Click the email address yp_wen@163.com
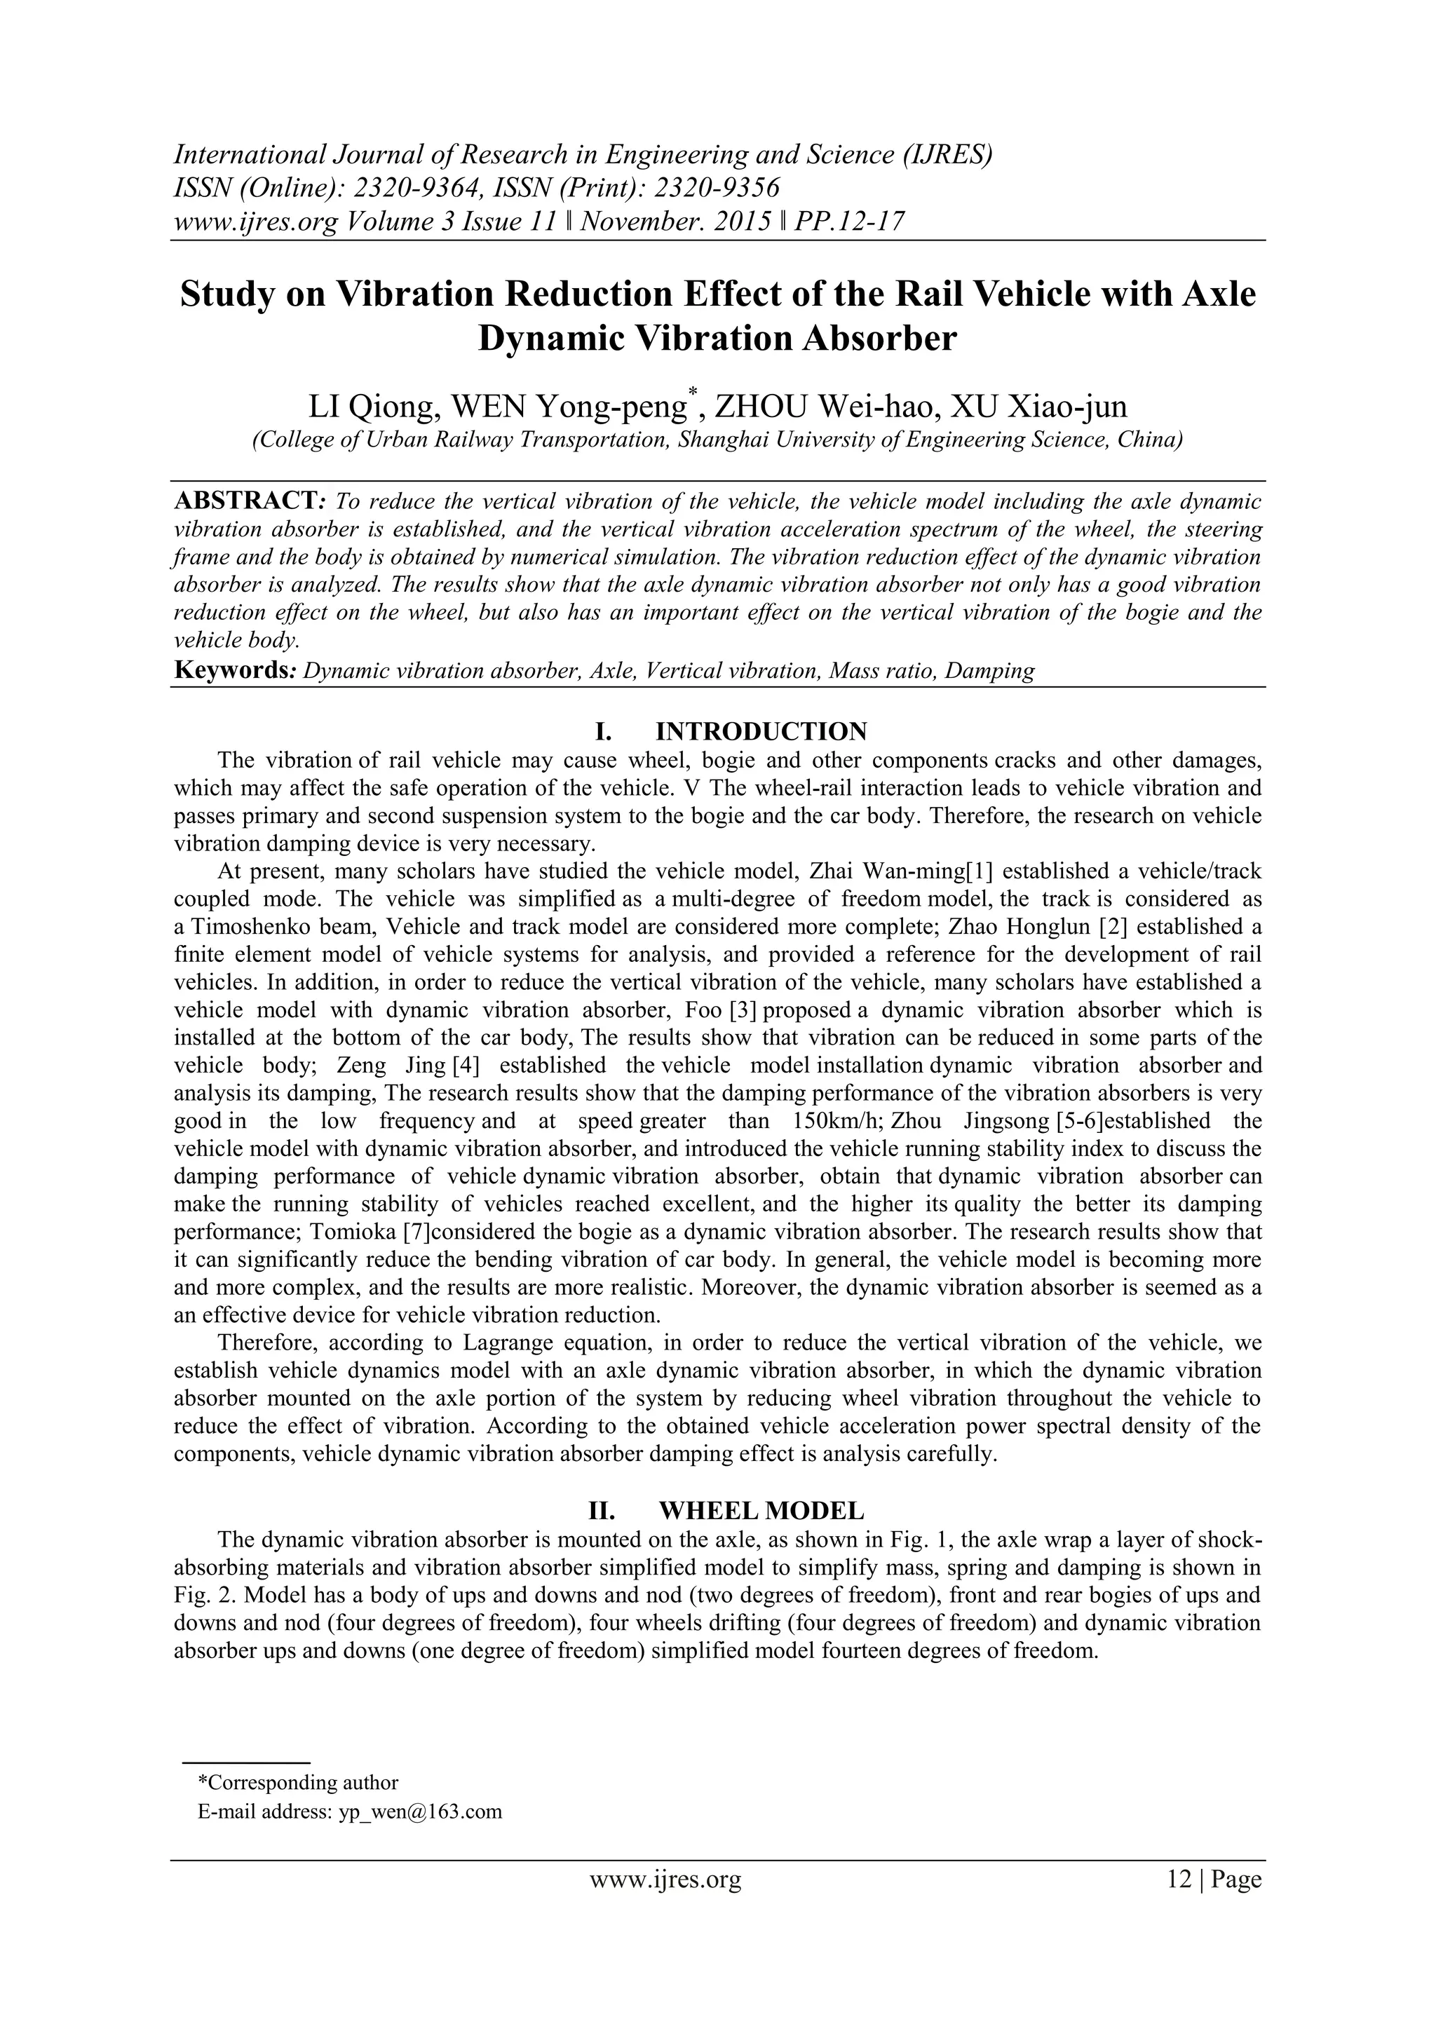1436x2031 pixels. tap(420, 1811)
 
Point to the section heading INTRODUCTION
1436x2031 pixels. tap(761, 731)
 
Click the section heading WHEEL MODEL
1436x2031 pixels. tap(761, 1509)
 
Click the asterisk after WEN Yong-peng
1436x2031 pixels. tap(693, 393)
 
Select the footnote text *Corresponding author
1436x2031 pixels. tap(297, 1782)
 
